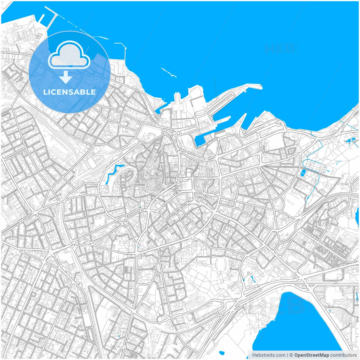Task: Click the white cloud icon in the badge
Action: coord(69,55)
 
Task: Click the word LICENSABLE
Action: coord(69,92)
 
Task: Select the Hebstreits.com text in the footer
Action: coord(269,355)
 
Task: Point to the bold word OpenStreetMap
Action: coord(311,355)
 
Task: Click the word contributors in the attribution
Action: coord(343,355)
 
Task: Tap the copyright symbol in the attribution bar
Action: coord(291,355)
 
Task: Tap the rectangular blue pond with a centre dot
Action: coord(302,172)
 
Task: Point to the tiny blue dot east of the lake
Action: coord(330,310)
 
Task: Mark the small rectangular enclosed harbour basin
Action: coord(199,140)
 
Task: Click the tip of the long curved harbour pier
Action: coord(260,87)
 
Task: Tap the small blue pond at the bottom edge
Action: coord(221,352)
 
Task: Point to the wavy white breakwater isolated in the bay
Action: coord(169,72)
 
